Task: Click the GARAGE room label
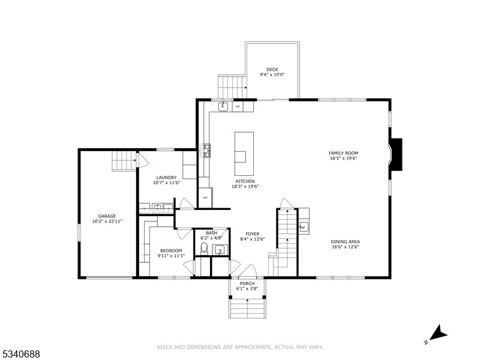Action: click(x=107, y=216)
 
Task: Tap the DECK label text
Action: click(x=272, y=70)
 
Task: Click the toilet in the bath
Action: click(x=204, y=248)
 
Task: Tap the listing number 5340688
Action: click(x=21, y=355)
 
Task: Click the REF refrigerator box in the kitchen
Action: click(x=205, y=198)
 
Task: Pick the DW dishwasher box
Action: click(x=238, y=107)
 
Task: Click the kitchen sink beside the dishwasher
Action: click(x=223, y=106)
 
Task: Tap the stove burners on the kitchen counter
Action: click(x=206, y=150)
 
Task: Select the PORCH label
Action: click(x=247, y=283)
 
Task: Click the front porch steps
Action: click(x=247, y=307)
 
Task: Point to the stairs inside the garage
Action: click(x=124, y=161)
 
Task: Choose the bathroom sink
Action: click(x=220, y=250)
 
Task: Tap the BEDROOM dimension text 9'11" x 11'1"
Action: click(x=171, y=256)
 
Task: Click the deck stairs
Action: click(x=232, y=86)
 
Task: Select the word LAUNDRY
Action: click(x=166, y=177)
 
